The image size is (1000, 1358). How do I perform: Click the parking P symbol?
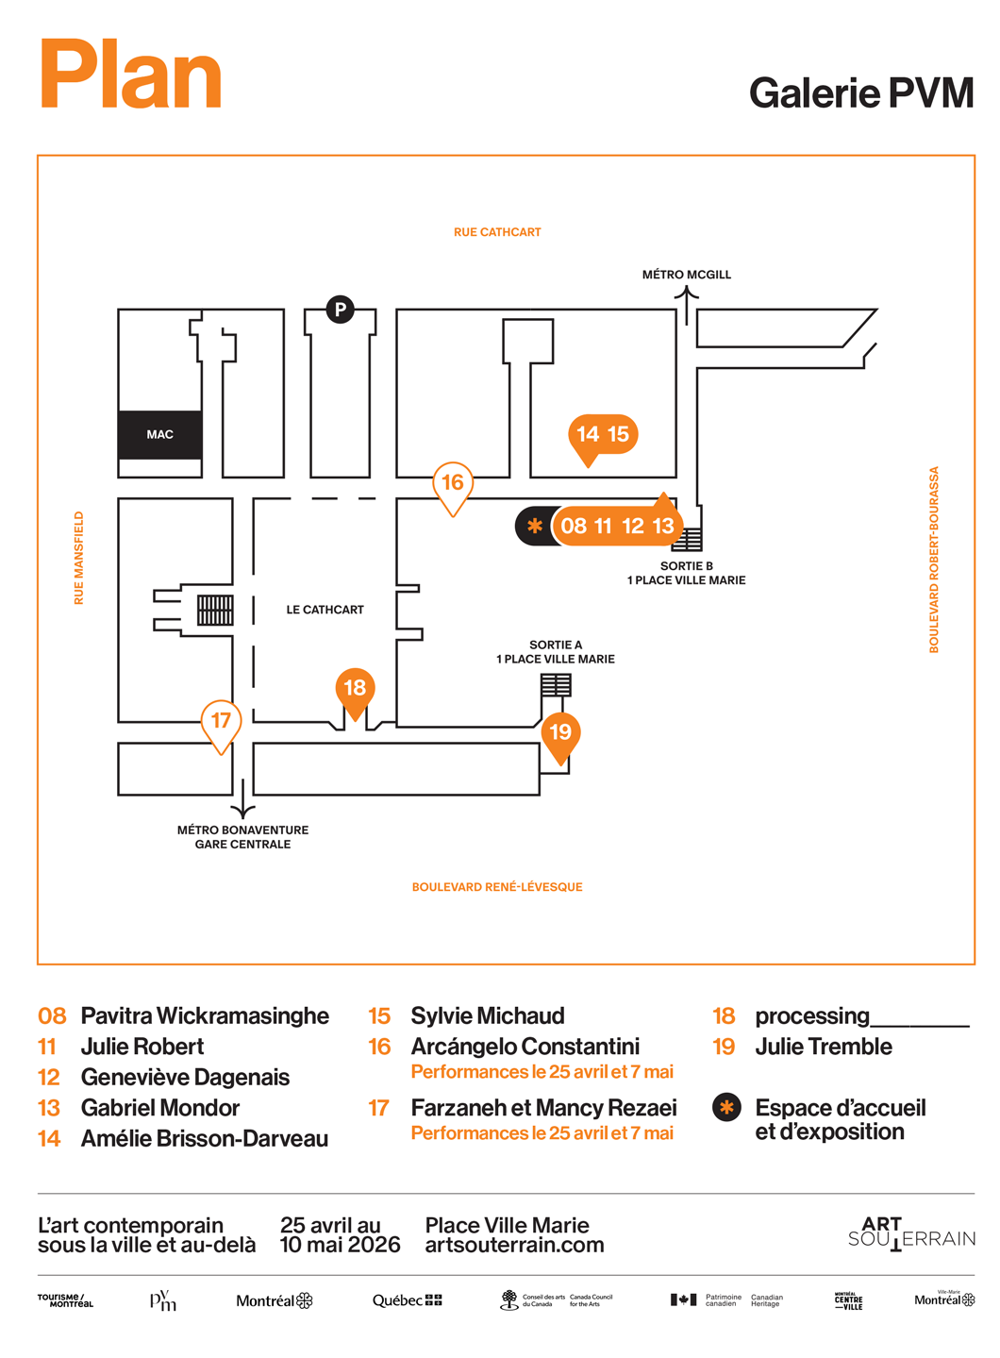point(341,309)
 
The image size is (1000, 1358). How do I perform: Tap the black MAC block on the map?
point(159,435)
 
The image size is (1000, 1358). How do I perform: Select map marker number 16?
point(453,483)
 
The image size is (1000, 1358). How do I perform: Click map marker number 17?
point(222,722)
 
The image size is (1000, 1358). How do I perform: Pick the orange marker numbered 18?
point(355,689)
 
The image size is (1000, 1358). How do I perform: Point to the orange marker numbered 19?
point(560,733)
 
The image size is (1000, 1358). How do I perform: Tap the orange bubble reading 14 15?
point(603,435)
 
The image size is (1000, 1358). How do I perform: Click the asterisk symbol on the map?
point(535,527)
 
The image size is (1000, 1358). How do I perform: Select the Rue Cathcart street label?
point(497,232)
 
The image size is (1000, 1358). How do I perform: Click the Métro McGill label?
point(686,275)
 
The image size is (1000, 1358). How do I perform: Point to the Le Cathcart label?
point(325,610)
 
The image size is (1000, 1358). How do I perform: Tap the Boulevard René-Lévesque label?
point(497,887)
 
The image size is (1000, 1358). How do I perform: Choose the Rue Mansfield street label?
point(79,558)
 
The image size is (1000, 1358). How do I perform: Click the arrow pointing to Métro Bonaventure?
point(243,799)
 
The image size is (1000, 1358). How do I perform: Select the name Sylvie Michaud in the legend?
point(487,1016)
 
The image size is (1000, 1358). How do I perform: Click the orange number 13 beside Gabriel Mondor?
point(49,1108)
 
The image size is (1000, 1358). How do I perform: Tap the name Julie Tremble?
point(823,1047)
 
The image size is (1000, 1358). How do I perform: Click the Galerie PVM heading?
point(860,93)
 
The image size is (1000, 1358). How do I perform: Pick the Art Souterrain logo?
point(911,1232)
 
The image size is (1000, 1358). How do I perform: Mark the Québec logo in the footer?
point(407,1300)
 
